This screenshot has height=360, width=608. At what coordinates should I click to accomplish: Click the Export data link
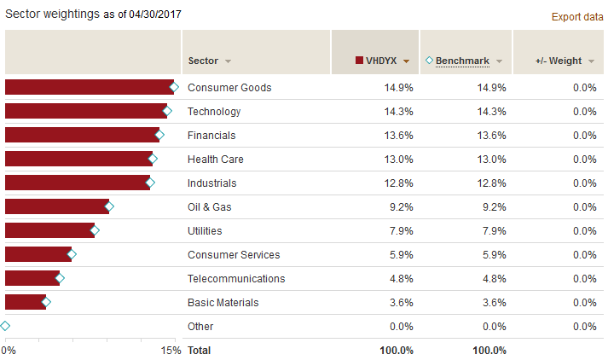[x=577, y=16]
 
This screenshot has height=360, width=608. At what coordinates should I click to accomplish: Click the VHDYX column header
[x=382, y=61]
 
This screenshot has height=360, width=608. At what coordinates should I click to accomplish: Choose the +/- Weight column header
[x=559, y=61]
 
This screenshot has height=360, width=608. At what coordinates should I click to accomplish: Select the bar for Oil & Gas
[x=56, y=206]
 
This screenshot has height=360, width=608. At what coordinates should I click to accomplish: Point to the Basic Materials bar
[x=25, y=302]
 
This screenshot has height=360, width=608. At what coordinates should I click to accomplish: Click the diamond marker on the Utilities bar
[x=95, y=230]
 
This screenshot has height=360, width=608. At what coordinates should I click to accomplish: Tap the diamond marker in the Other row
[x=6, y=326]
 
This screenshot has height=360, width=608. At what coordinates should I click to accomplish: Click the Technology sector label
[x=214, y=111]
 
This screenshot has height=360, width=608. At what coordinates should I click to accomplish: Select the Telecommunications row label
[x=236, y=278]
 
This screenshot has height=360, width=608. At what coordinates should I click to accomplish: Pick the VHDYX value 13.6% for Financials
[x=399, y=135]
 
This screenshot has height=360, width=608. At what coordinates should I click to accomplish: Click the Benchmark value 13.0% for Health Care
[x=492, y=159]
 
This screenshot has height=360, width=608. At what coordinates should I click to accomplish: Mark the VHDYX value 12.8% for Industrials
[x=399, y=183]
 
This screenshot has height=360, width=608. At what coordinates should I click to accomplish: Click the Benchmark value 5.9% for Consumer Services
[x=495, y=254]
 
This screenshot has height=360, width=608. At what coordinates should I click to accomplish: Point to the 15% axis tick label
[x=171, y=351]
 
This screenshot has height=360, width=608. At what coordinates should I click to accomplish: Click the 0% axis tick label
[x=9, y=351]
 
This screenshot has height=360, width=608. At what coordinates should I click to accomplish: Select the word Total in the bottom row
[x=199, y=350]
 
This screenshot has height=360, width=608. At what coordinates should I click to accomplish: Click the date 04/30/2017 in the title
[x=152, y=15]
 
